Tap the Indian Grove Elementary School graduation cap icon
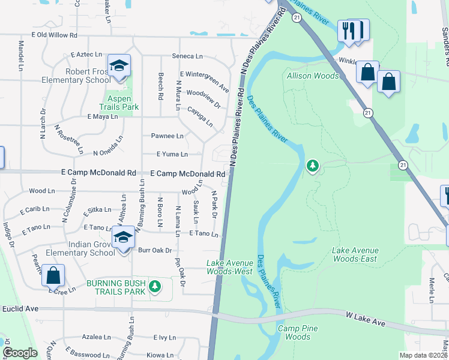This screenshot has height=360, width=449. (x=124, y=238)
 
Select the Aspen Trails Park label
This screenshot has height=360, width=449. (x=122, y=103)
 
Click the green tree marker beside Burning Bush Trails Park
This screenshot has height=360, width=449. (x=155, y=287)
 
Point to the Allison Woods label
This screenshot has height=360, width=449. (x=312, y=76)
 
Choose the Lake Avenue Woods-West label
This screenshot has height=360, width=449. (x=229, y=267)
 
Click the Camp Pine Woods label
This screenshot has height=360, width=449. (x=298, y=332)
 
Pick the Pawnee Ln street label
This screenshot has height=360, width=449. (x=167, y=136)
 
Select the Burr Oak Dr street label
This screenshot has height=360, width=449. (x=155, y=250)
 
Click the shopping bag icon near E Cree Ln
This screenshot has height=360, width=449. (x=53, y=276)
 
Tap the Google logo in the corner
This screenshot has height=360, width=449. (x=20, y=353)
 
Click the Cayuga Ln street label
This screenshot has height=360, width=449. (x=201, y=114)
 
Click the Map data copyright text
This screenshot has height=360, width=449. (x=424, y=355)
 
